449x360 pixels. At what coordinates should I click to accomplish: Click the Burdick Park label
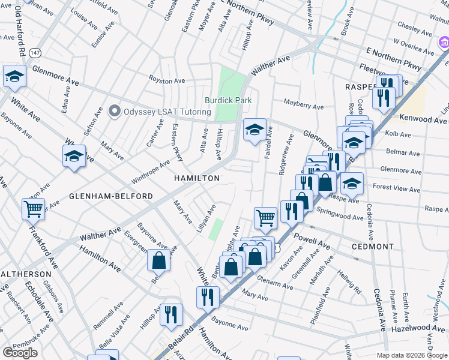(228, 101)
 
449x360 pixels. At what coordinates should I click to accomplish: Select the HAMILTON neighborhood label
(197, 179)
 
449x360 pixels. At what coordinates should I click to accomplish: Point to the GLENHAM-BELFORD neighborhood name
(111, 196)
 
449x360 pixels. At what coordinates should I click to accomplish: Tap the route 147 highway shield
(37, 52)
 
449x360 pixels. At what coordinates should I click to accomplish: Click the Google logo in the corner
(20, 353)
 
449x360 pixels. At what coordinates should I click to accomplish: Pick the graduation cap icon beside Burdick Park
(255, 129)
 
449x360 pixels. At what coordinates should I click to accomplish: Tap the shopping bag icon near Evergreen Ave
(158, 261)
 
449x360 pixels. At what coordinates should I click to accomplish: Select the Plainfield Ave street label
(321, 306)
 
